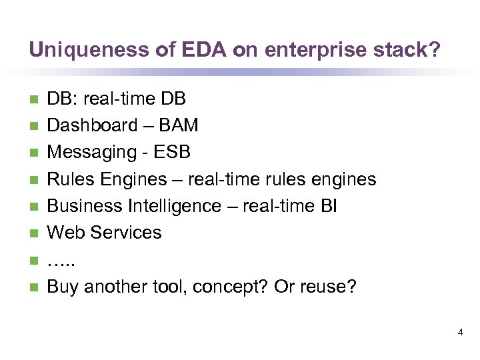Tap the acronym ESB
click(172, 153)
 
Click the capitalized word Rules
click(69, 179)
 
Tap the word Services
click(125, 233)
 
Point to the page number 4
click(460, 331)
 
